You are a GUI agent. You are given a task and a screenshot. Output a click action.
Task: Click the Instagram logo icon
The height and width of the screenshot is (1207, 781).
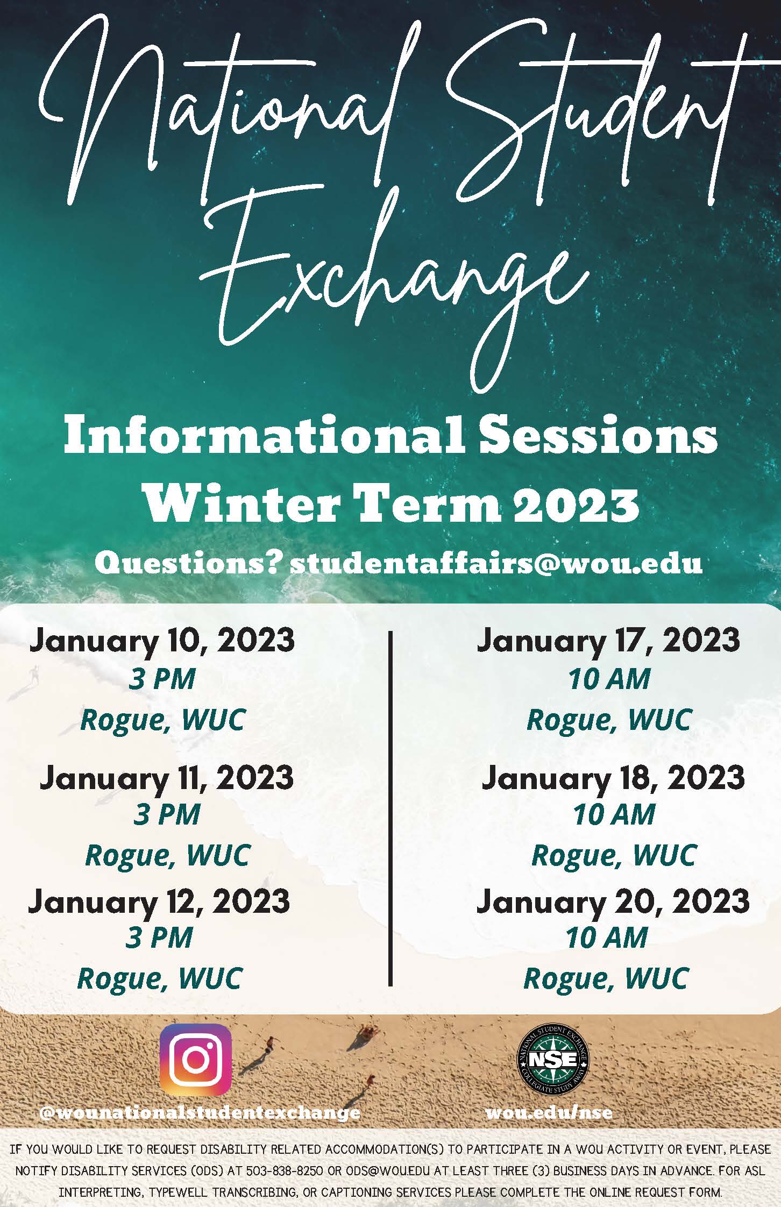pos(196,1060)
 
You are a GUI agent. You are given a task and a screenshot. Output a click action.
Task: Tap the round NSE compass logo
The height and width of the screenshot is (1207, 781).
pos(552,1060)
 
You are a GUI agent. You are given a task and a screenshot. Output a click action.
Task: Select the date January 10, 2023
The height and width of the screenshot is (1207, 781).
pos(162,641)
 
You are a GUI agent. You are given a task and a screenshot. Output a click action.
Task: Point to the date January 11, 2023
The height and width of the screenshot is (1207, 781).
pos(167,777)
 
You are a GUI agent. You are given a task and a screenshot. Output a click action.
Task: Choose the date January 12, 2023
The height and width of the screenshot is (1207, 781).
pos(159,900)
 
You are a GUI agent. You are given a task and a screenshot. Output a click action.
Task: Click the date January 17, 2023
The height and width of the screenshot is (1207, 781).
pos(608,641)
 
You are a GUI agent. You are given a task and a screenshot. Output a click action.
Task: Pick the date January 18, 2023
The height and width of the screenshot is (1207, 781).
pos(613,777)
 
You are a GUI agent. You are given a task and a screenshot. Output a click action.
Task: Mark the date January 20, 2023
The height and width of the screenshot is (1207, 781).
pos(613,900)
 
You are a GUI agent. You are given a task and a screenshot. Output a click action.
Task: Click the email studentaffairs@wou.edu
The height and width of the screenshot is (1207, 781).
pos(496,563)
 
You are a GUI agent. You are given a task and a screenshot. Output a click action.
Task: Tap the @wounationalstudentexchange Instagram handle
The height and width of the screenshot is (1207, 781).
pos(200,1112)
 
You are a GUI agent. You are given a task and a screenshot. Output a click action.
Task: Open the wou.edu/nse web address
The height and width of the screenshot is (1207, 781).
pos(549,1112)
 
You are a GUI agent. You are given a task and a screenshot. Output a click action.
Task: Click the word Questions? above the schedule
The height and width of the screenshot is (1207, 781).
pos(189,563)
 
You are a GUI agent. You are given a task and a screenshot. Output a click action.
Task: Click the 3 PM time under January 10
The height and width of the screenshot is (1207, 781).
pos(162,679)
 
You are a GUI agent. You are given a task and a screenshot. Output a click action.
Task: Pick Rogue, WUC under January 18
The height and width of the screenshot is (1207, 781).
pos(614,855)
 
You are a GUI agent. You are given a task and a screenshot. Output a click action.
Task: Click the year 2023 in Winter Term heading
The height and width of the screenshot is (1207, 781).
pos(576,505)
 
